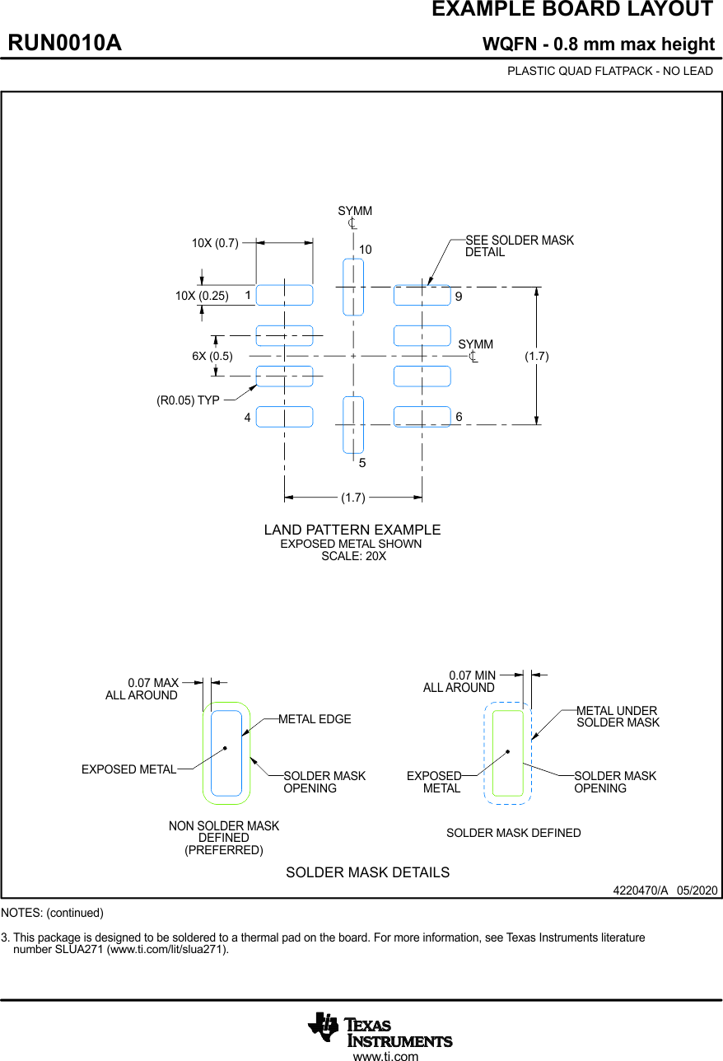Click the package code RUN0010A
point(65,44)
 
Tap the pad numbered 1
point(284,295)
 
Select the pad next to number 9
point(422,295)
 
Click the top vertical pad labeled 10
point(353,287)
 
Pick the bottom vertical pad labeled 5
point(353,424)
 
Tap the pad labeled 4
point(284,417)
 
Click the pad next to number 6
point(422,417)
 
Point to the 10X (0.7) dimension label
point(215,243)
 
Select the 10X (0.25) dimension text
point(202,296)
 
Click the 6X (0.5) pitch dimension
point(212,357)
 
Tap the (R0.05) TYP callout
point(189,400)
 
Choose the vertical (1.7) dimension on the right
point(536,356)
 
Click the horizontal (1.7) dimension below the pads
point(353,498)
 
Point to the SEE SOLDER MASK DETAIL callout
point(519,246)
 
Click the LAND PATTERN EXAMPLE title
point(352,530)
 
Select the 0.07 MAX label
point(153,683)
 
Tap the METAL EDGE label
point(315,719)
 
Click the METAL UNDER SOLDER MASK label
point(618,717)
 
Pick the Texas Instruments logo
point(380,1029)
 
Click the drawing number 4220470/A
point(640,890)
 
